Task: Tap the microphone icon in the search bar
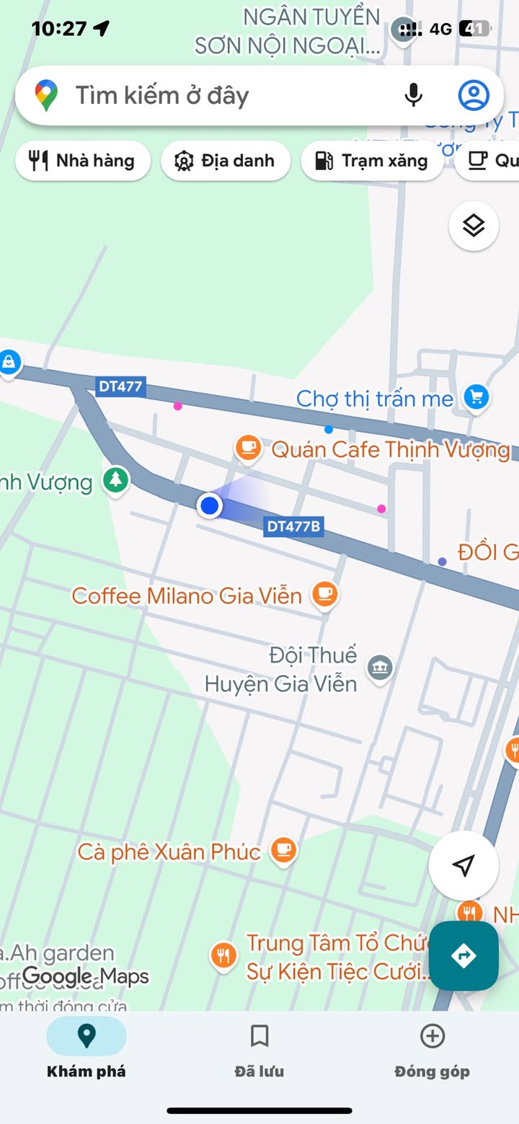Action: click(x=413, y=95)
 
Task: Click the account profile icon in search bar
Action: click(x=474, y=95)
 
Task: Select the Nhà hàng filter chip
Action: click(x=82, y=160)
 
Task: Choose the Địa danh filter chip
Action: click(x=225, y=160)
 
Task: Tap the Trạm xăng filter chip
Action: click(x=372, y=160)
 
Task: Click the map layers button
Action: click(x=474, y=226)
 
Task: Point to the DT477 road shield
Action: click(x=120, y=386)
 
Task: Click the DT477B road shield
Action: click(x=293, y=526)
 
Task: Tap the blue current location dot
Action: click(x=210, y=505)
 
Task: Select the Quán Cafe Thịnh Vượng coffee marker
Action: click(x=248, y=448)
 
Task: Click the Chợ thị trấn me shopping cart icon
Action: click(x=476, y=396)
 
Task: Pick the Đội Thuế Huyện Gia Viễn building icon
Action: click(x=380, y=668)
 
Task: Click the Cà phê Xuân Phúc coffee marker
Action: click(x=283, y=850)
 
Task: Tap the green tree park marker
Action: click(x=115, y=479)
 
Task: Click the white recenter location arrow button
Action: click(x=463, y=865)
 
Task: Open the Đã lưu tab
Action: click(x=259, y=1051)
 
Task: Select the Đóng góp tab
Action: click(x=432, y=1051)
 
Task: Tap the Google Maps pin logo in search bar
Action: click(x=47, y=95)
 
